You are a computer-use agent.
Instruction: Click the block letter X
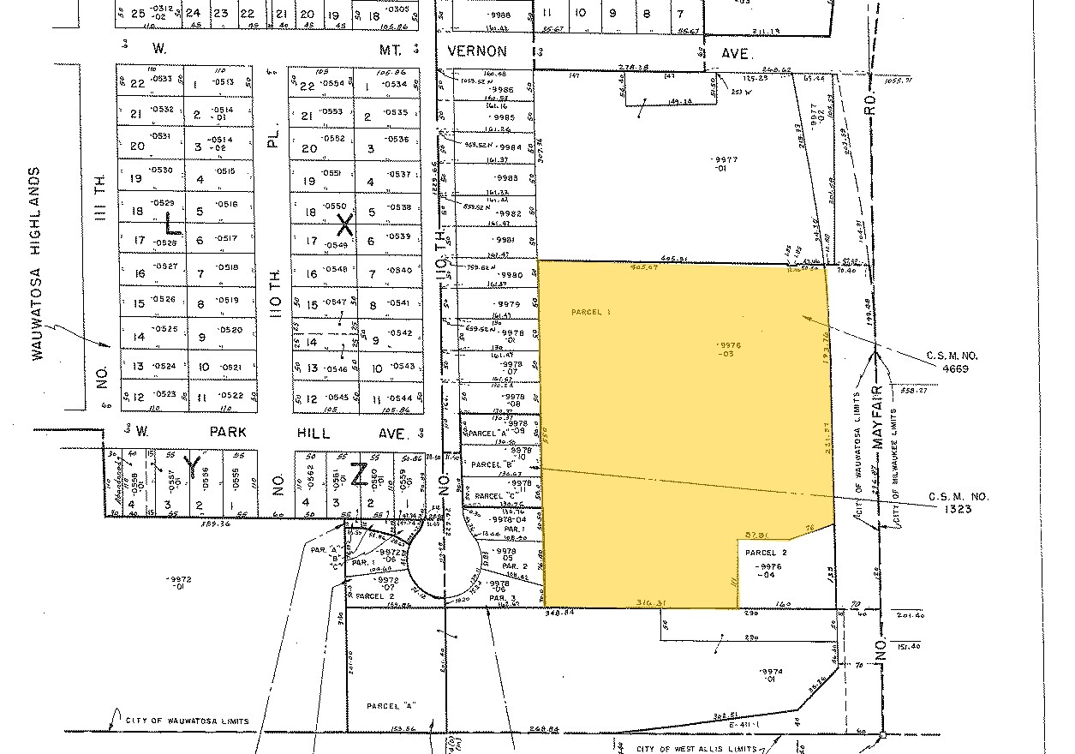[344, 225]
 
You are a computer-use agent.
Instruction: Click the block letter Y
[194, 466]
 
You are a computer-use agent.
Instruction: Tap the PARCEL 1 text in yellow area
[590, 313]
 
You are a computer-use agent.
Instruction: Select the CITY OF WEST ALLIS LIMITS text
[696, 749]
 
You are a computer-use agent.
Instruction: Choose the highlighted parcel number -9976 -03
[731, 350]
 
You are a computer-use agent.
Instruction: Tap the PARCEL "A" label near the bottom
[390, 706]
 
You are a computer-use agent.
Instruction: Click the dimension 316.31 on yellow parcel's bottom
[651, 603]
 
